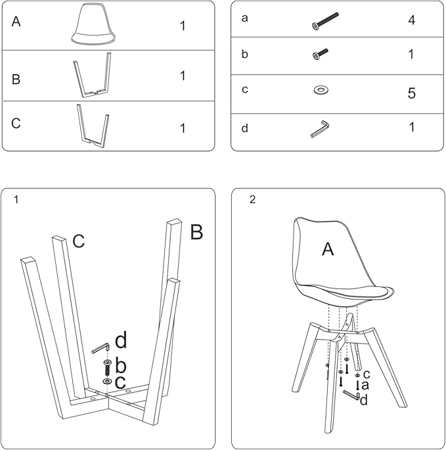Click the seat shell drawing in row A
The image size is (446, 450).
(x=93, y=24)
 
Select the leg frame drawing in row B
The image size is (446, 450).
(x=93, y=75)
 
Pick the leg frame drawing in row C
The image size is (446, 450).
(x=93, y=126)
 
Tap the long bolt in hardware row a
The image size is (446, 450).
(x=325, y=21)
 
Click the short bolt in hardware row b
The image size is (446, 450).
(x=320, y=54)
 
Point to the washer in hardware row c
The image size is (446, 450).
(x=321, y=90)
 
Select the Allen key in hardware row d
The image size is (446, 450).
(x=320, y=129)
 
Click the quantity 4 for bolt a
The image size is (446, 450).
(x=412, y=20)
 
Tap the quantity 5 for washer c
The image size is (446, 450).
(x=412, y=93)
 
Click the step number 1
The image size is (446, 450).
(x=16, y=200)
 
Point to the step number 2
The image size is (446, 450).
(x=253, y=200)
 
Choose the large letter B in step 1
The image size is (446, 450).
(x=196, y=232)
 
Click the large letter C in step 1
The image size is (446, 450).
(x=79, y=241)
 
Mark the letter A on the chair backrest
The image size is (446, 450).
(x=328, y=249)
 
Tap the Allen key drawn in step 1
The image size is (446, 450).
(x=100, y=348)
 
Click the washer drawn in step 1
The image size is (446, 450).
(x=108, y=382)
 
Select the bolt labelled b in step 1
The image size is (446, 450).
(x=108, y=368)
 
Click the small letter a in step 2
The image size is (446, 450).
(x=365, y=385)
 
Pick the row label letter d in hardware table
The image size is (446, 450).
(x=244, y=128)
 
